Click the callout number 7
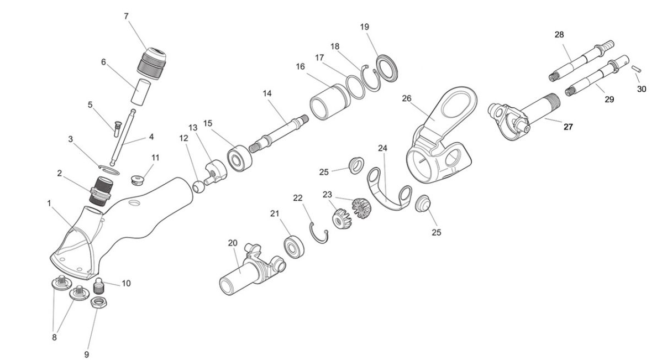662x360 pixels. [127, 16]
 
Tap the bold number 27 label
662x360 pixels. [568, 127]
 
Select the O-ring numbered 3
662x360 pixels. [109, 169]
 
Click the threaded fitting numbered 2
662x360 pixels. [102, 191]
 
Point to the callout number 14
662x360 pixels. [267, 93]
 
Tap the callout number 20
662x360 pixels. [232, 242]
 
